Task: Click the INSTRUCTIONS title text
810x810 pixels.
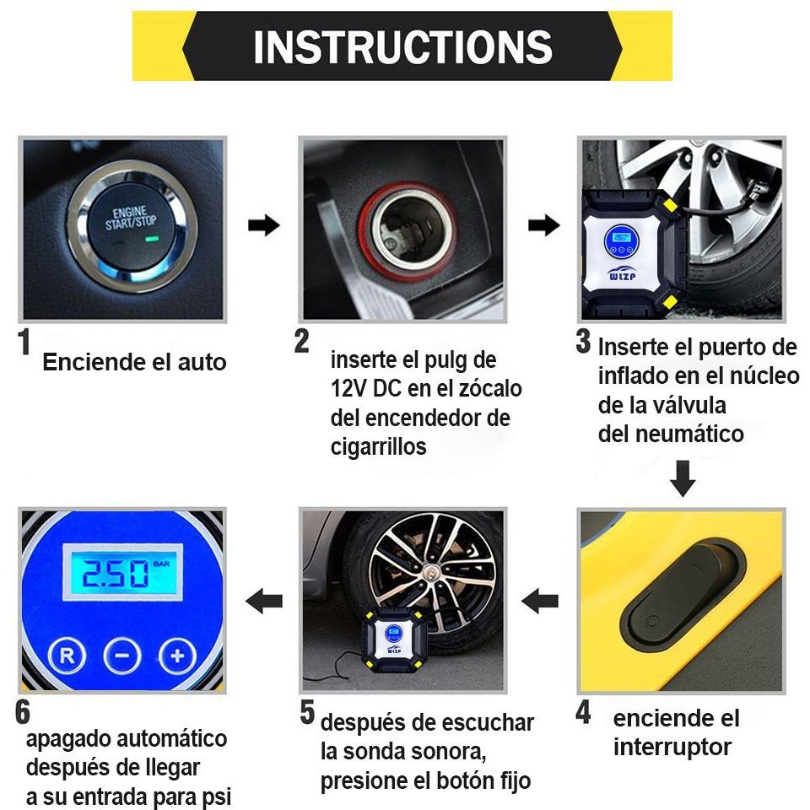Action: [x=402, y=46]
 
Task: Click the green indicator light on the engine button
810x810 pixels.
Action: [x=151, y=239]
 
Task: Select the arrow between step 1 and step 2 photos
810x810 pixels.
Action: [x=263, y=225]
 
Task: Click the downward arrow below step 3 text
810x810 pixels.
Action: [x=683, y=478]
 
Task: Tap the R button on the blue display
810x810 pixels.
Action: [x=67, y=656]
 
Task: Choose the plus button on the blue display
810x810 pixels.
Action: [x=177, y=656]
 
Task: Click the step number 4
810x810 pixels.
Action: [x=583, y=713]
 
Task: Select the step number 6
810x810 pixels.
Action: [x=23, y=712]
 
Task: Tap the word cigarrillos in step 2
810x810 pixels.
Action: [x=378, y=447]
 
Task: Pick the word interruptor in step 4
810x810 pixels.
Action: [x=672, y=747]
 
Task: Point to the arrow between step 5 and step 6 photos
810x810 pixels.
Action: [x=264, y=601]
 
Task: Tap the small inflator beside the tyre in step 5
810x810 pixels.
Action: [x=394, y=640]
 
